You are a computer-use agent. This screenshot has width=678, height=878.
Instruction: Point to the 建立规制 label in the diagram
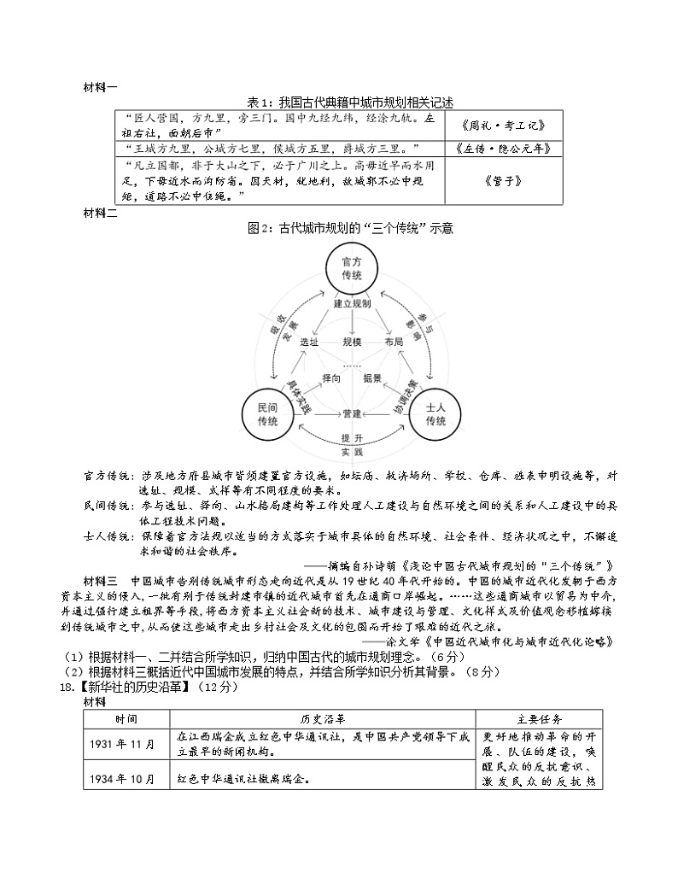(352, 303)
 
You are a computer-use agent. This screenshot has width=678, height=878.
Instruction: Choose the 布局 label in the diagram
(395, 341)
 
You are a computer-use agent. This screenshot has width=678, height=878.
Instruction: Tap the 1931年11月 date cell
(127, 742)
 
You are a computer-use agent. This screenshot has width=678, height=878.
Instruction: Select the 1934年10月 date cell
(127, 778)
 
